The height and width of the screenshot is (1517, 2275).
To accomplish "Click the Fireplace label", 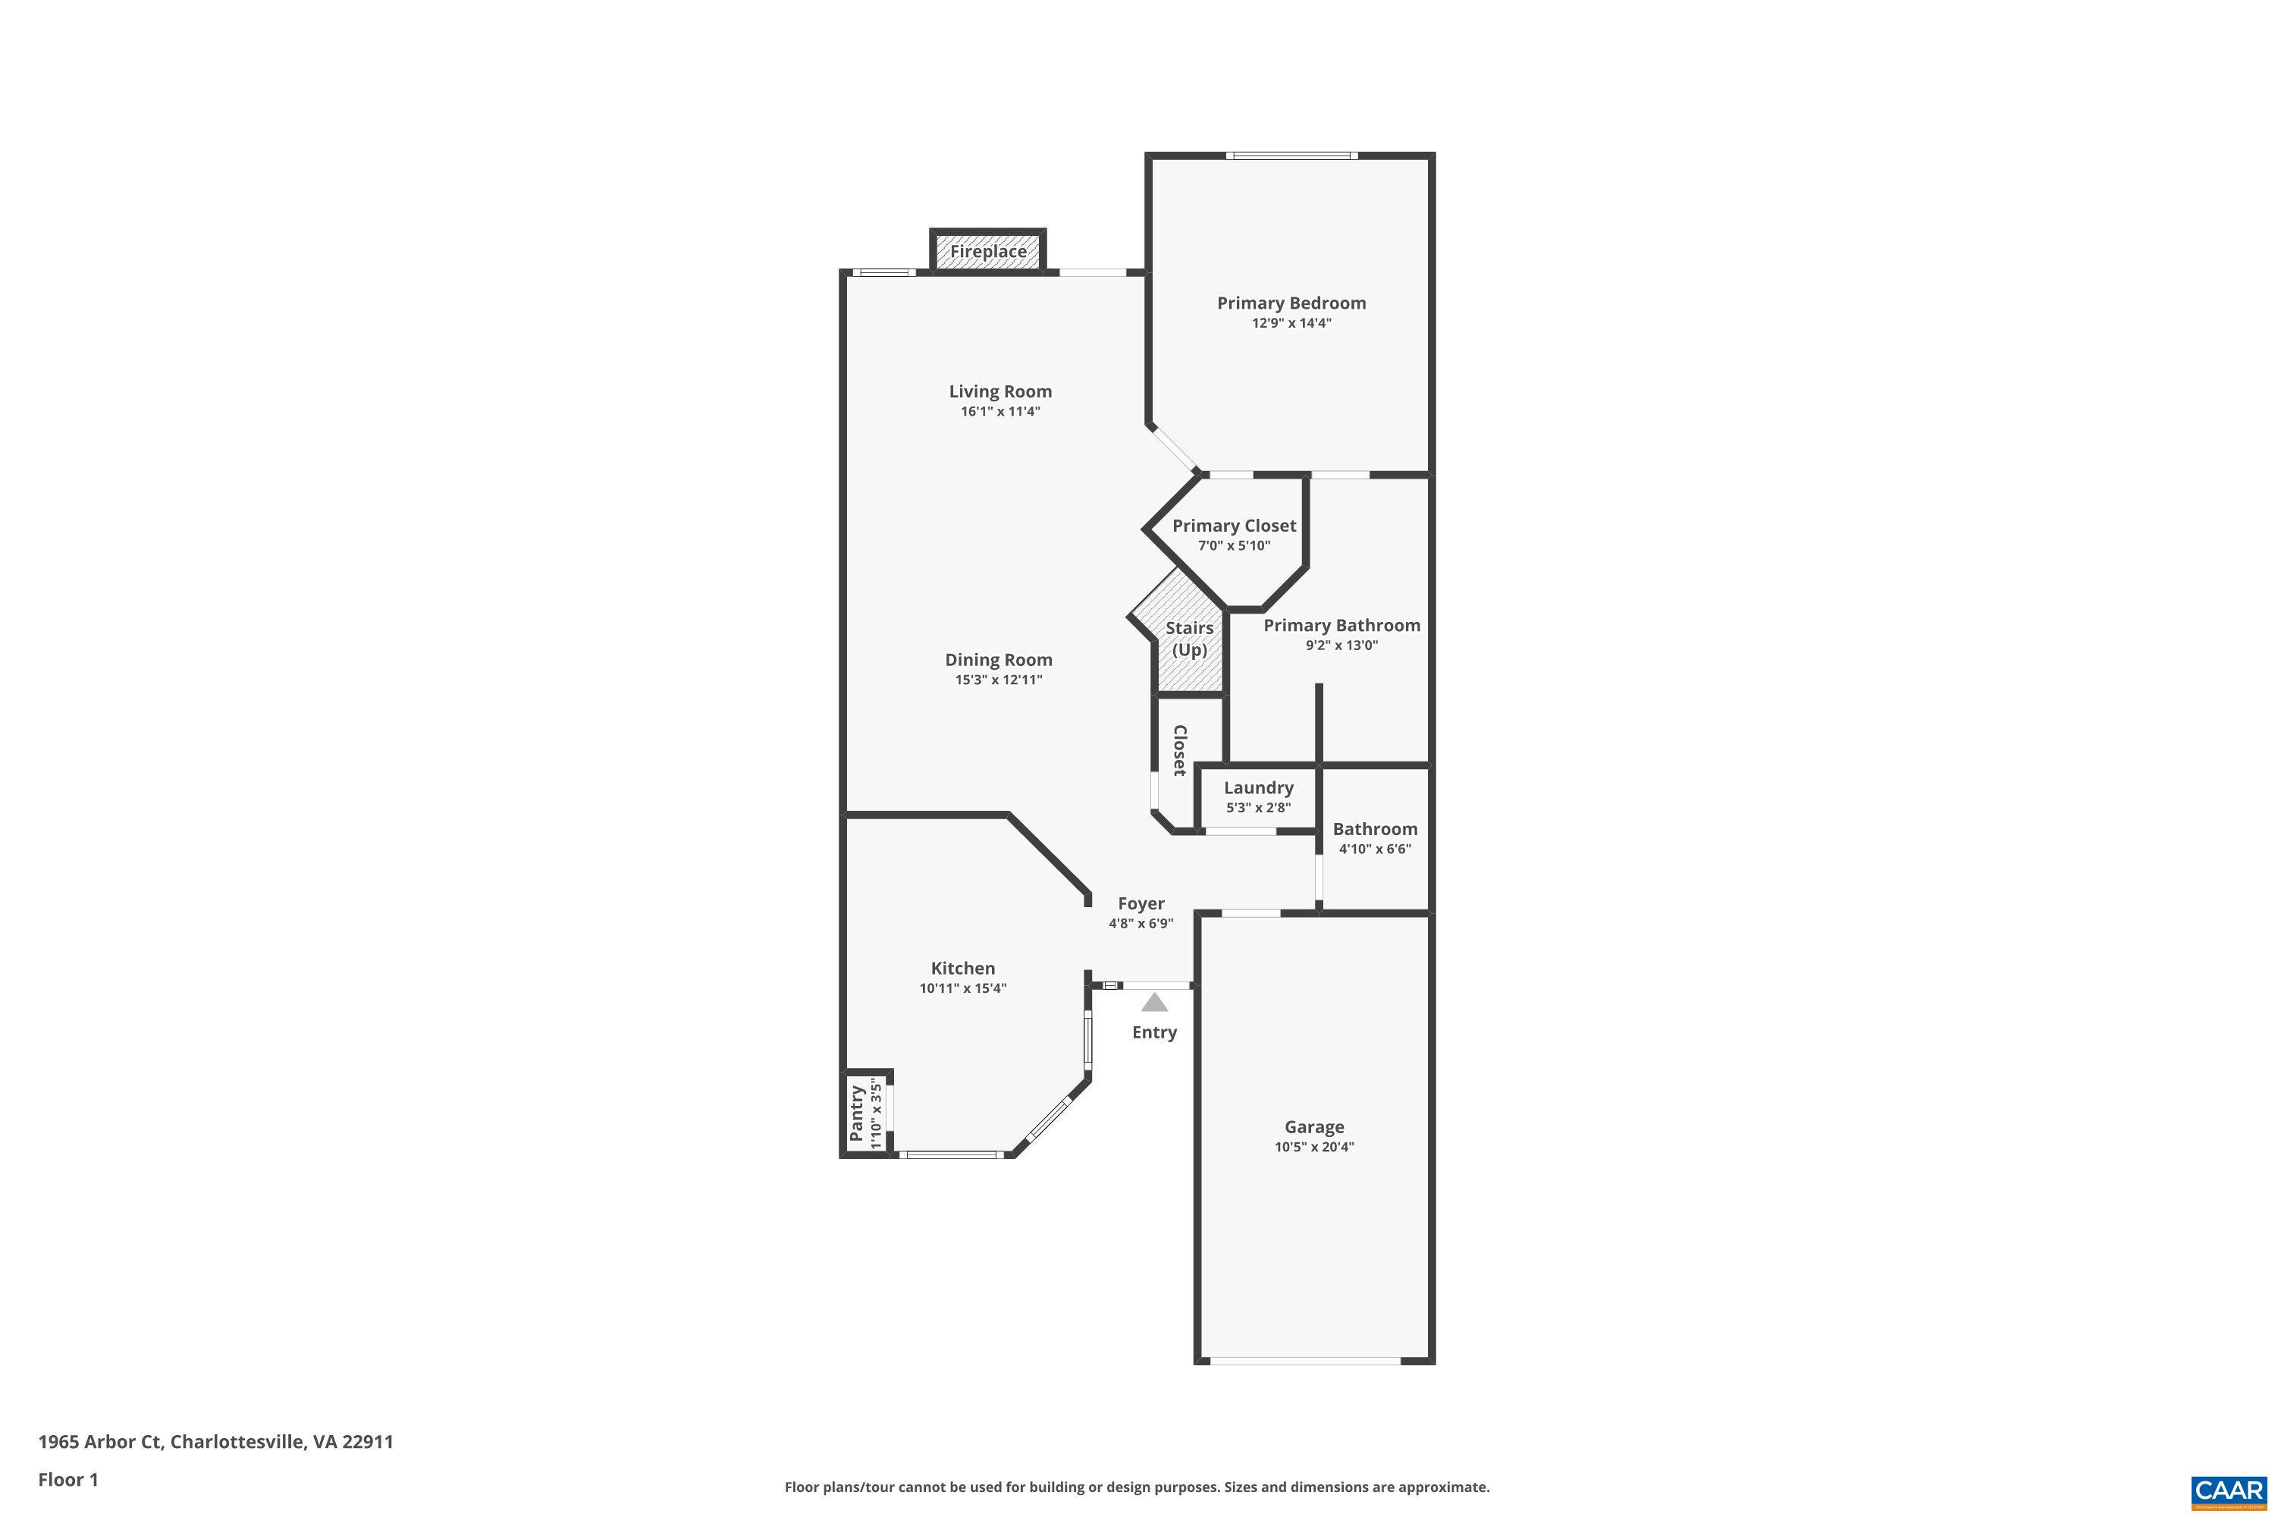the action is tap(987, 252).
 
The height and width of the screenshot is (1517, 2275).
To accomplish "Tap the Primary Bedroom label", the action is tap(1291, 303).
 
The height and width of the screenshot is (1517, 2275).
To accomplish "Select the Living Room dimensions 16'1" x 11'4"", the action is tap(1000, 411).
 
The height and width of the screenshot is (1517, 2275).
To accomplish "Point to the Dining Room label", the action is tap(998, 660).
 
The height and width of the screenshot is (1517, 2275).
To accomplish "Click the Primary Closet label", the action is tap(1235, 526).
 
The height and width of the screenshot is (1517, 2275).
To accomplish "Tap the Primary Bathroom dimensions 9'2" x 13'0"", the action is tap(1341, 645).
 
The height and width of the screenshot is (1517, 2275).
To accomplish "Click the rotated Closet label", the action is tap(1179, 750).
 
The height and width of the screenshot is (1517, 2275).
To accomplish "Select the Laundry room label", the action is tap(1258, 787).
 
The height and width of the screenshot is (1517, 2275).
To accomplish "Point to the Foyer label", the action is tap(1141, 903).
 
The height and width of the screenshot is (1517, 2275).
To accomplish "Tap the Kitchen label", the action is tap(962, 969).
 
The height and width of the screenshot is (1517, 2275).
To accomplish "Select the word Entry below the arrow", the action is tap(1154, 1032).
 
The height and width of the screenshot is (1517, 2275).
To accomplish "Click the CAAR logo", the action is tap(2229, 1489).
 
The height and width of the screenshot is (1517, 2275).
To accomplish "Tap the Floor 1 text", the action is tap(67, 1479).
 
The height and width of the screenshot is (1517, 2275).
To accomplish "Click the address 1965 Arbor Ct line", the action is tap(215, 1442).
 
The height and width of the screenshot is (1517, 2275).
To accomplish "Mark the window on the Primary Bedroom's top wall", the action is tap(1291, 155).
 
